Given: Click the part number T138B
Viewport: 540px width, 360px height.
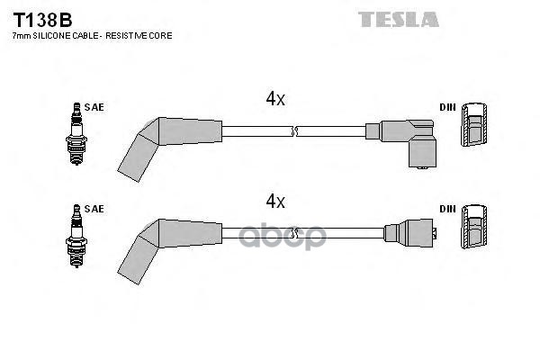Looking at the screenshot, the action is [x=42, y=20].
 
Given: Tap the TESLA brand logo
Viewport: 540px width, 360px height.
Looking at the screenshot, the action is [x=399, y=19].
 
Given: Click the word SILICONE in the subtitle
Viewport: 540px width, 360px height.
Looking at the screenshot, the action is [x=51, y=35].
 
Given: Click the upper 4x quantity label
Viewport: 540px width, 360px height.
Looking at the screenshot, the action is [x=275, y=99].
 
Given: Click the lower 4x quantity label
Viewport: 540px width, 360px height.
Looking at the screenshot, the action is [x=275, y=201].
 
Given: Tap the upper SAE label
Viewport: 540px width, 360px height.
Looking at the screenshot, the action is [x=94, y=107].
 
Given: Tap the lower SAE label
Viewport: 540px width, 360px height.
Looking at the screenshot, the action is [x=94, y=209].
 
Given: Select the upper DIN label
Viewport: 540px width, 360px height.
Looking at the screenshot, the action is [x=447, y=107].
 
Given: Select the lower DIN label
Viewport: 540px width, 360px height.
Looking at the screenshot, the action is [x=447, y=209].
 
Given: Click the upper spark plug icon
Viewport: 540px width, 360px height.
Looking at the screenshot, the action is [x=76, y=134].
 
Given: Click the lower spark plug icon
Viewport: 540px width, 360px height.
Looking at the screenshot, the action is [x=76, y=236].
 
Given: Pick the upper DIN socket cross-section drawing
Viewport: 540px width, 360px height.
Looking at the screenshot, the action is [x=474, y=125].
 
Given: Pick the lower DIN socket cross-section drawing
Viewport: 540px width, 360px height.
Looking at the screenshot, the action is [x=474, y=227].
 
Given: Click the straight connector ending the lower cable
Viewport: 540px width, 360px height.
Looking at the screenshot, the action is [x=410, y=233].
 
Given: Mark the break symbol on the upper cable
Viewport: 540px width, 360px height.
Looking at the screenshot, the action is [x=293, y=131].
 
